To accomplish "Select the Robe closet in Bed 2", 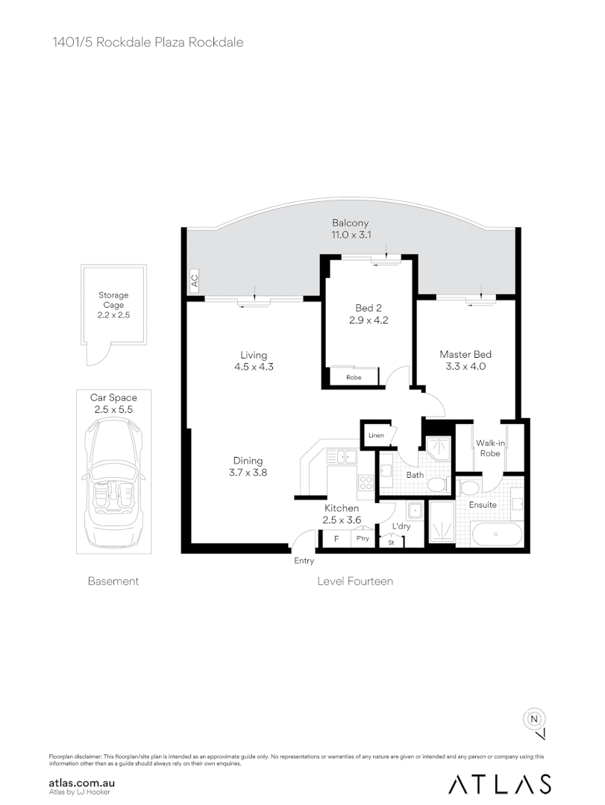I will (354, 378).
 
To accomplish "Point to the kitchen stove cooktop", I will (366, 483).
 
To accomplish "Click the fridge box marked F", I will (336, 539).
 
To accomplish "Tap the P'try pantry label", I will (363, 539).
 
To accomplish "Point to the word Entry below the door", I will (304, 561).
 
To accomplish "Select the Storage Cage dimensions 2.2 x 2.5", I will (113, 315).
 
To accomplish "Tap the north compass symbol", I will (534, 719).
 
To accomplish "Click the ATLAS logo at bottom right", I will (499, 783).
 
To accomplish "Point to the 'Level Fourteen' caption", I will (355, 581).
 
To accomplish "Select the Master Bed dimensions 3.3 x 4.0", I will (465, 366).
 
